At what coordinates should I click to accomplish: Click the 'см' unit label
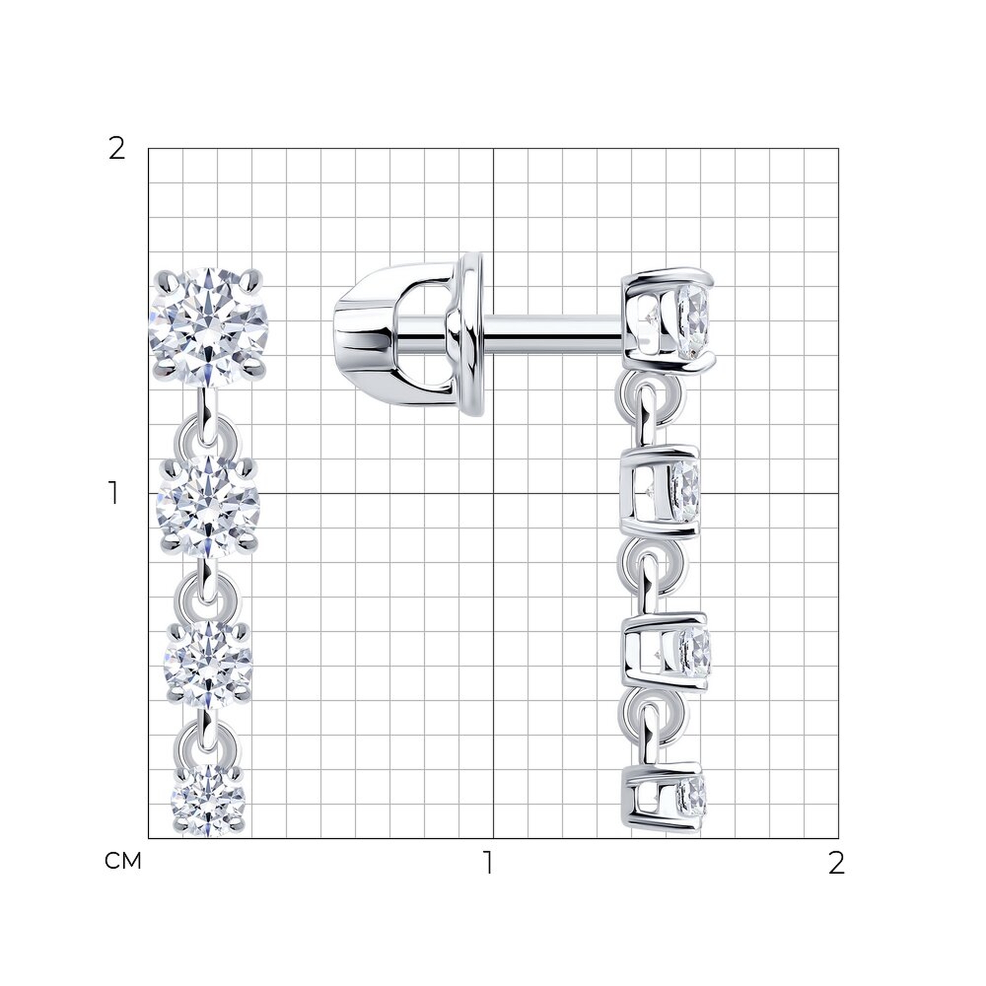[122, 861]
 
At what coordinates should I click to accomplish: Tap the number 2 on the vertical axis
[117, 149]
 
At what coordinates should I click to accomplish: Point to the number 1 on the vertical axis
[113, 493]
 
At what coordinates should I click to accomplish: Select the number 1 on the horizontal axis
[489, 862]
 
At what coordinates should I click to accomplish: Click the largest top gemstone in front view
[209, 326]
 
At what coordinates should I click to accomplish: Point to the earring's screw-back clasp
[408, 334]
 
